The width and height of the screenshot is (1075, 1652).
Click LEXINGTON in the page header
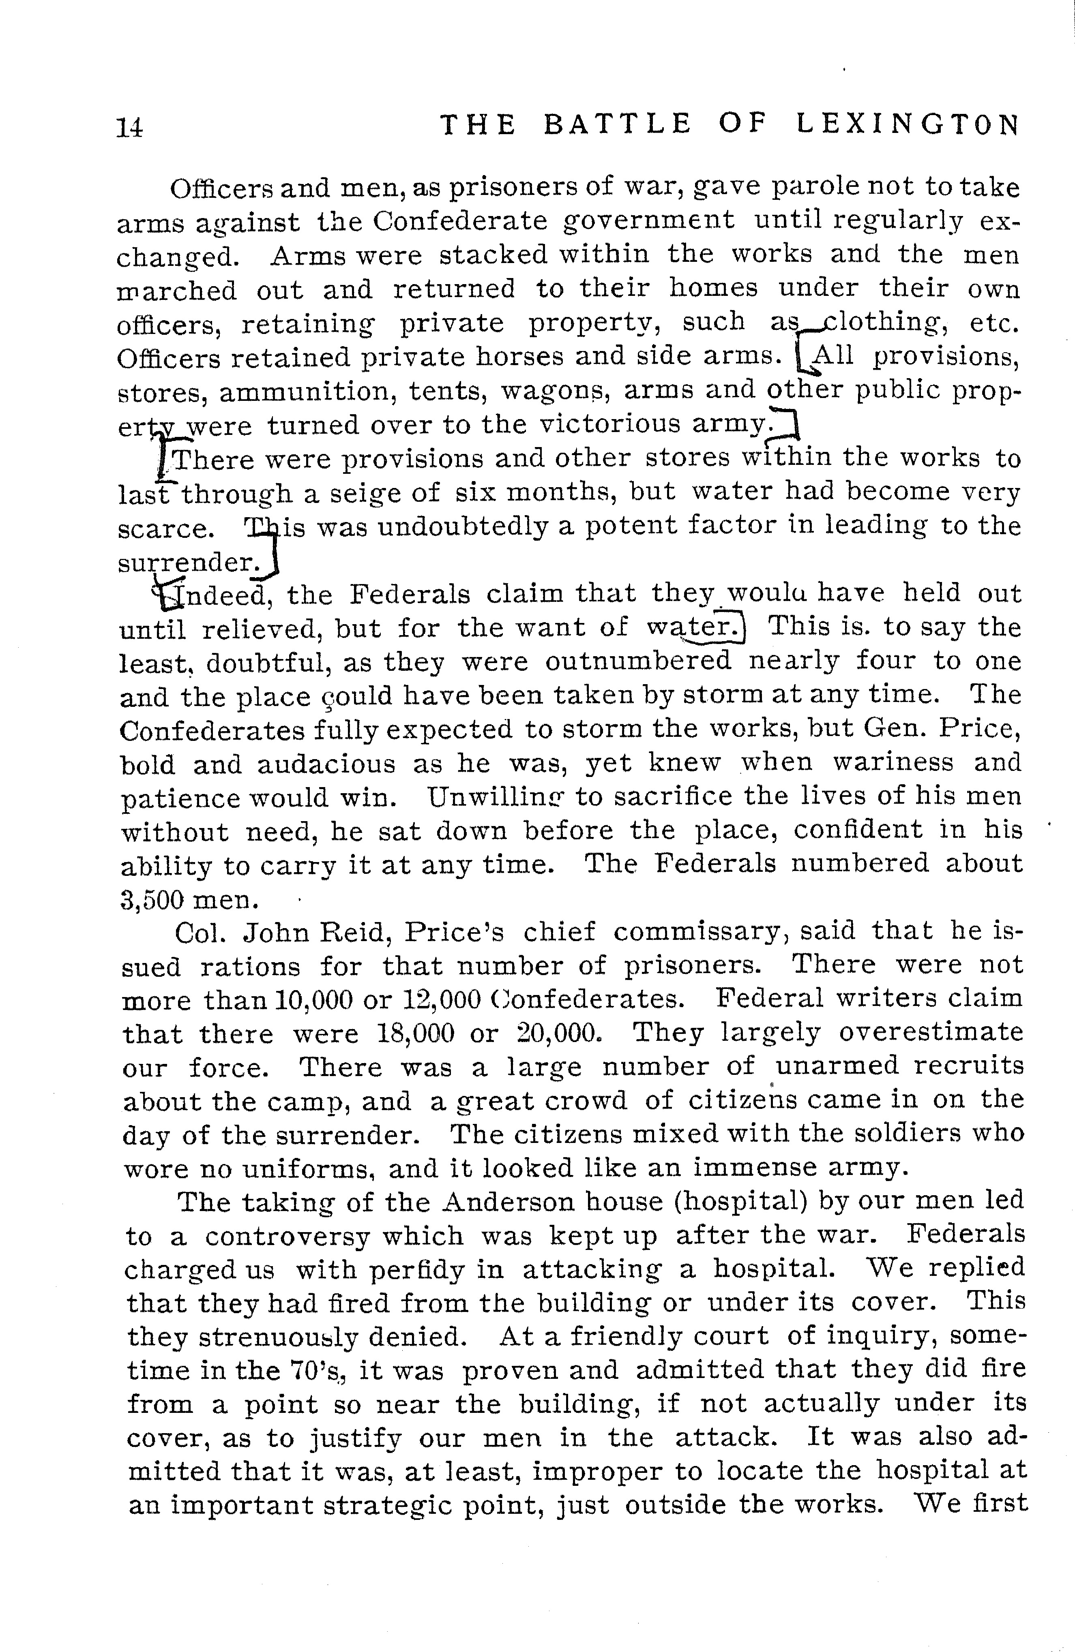pos(908,124)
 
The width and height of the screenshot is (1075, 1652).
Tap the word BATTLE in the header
pos(617,124)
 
